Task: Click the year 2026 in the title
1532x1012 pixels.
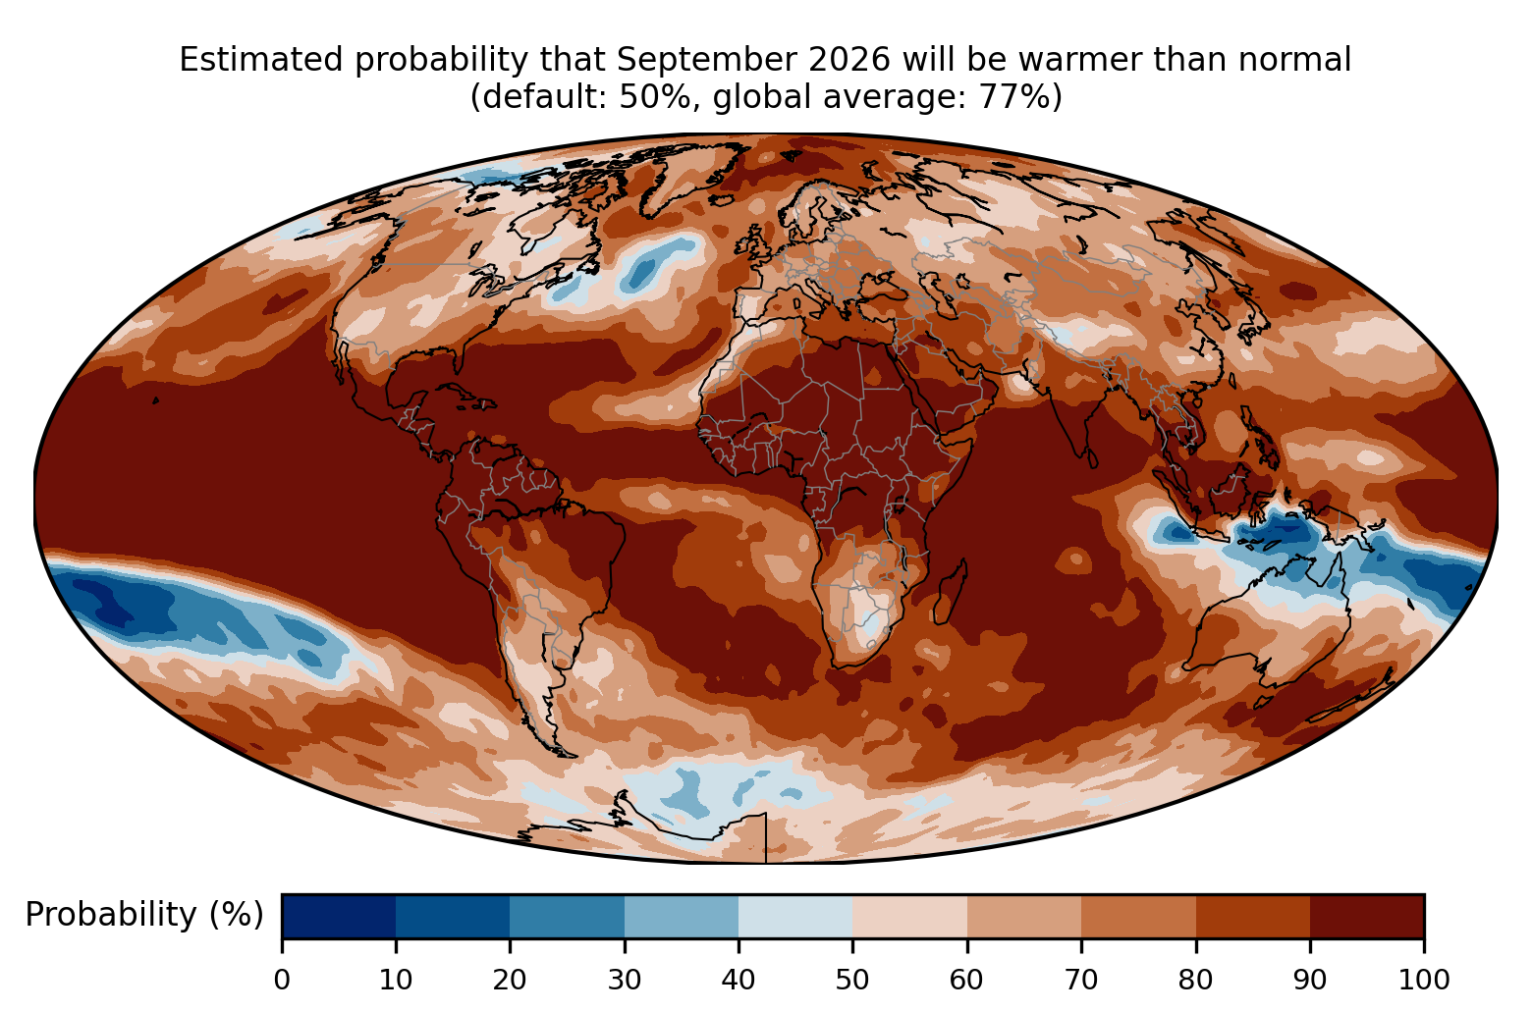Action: (x=850, y=60)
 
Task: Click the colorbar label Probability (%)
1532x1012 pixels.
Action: (x=144, y=915)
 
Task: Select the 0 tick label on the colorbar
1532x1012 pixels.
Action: (x=282, y=980)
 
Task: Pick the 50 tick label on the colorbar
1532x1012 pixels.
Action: (x=852, y=980)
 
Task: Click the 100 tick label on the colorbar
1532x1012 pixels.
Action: (x=1424, y=980)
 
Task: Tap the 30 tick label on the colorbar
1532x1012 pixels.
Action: (x=625, y=980)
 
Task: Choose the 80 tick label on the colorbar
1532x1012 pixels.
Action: (x=1195, y=980)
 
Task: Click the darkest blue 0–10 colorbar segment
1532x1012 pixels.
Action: (x=339, y=916)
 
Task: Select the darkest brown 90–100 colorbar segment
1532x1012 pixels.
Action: (x=1367, y=916)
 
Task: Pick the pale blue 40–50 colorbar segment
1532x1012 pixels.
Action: (x=795, y=916)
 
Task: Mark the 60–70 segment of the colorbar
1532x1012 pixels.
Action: (x=1024, y=916)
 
